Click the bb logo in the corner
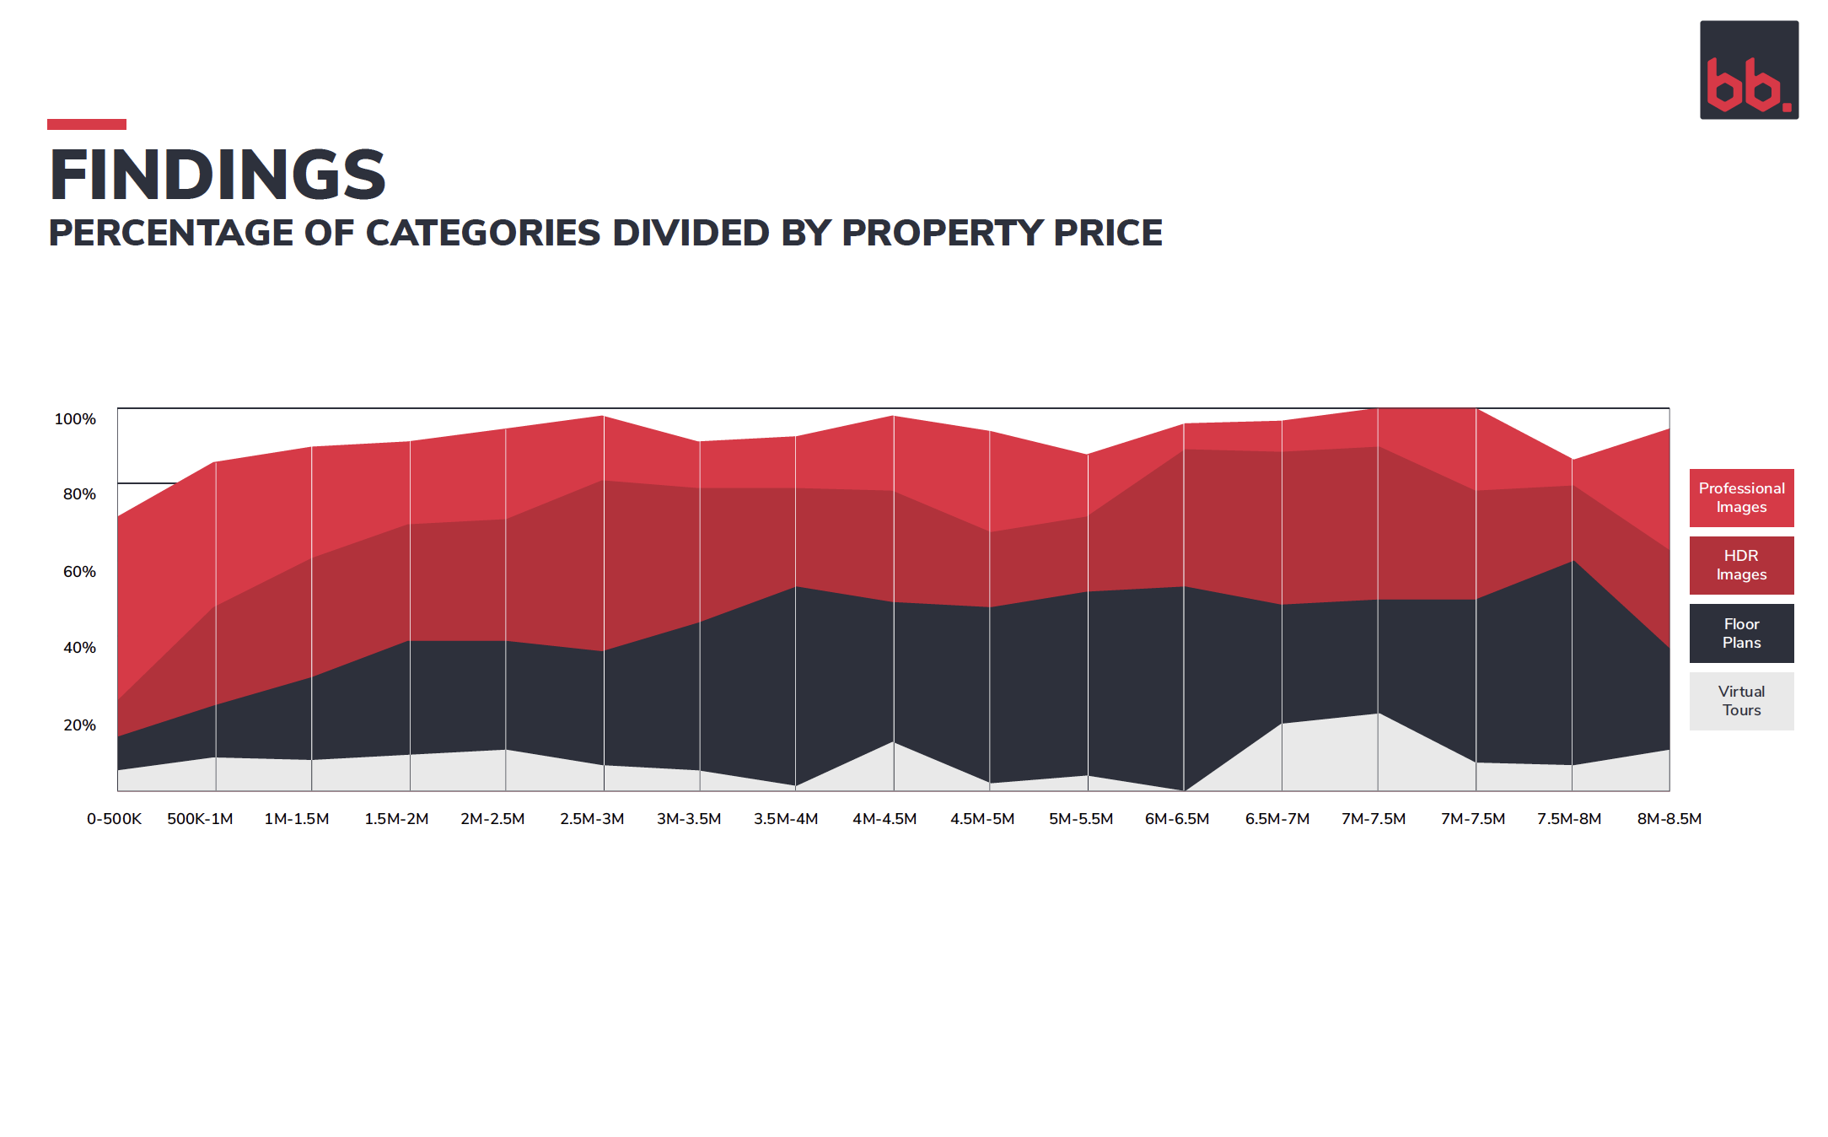point(1749,70)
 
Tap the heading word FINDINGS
point(218,175)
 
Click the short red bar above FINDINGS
point(87,124)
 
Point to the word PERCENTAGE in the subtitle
point(171,233)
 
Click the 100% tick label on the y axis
point(75,419)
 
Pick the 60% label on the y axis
point(79,572)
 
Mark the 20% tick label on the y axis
point(79,725)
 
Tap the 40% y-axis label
point(79,648)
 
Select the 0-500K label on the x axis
point(114,819)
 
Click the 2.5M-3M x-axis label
point(592,819)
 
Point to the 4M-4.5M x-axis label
point(884,819)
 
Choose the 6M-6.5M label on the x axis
point(1177,819)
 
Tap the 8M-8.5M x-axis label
point(1669,819)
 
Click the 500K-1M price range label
point(200,819)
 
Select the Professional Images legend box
point(1741,498)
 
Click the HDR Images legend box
point(1741,565)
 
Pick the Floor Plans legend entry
point(1741,633)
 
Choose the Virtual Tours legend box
point(1741,701)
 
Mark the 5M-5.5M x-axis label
point(1081,819)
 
